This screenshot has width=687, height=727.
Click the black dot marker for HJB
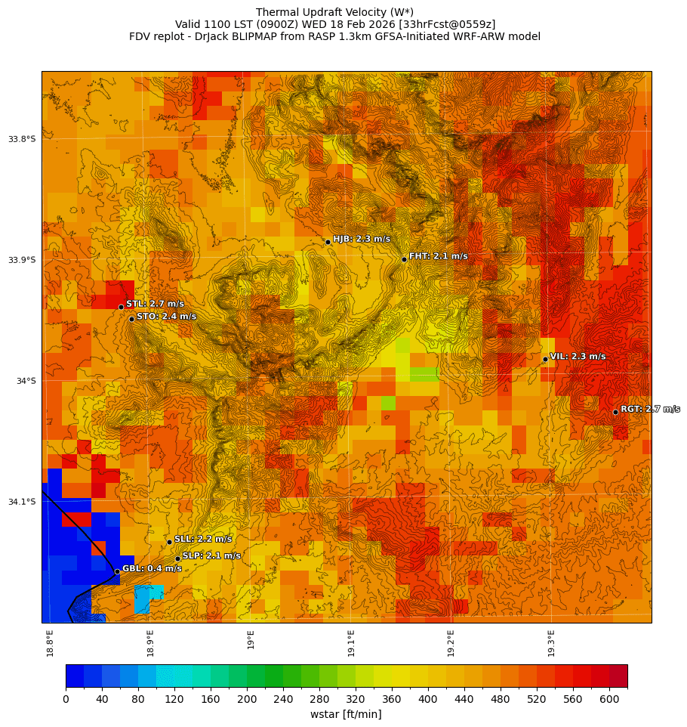[328, 242]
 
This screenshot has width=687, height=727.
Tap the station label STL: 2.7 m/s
[155, 304]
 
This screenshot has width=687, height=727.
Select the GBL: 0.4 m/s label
[152, 568]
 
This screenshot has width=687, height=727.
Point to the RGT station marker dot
[615, 412]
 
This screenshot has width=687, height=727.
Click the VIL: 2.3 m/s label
[578, 356]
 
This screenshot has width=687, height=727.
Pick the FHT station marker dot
[404, 259]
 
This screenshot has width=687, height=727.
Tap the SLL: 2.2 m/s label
[203, 539]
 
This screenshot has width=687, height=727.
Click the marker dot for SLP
[178, 558]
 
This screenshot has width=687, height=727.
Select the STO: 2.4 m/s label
[166, 316]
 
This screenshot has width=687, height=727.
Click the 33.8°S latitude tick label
[22, 139]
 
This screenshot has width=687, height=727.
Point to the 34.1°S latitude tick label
[22, 502]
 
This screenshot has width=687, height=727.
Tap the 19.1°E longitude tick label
[351, 642]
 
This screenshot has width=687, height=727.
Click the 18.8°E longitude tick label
[51, 642]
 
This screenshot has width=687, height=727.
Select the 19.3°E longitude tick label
[551, 642]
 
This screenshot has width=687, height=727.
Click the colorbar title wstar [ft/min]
[346, 714]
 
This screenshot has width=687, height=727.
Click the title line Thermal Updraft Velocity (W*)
[334, 12]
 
